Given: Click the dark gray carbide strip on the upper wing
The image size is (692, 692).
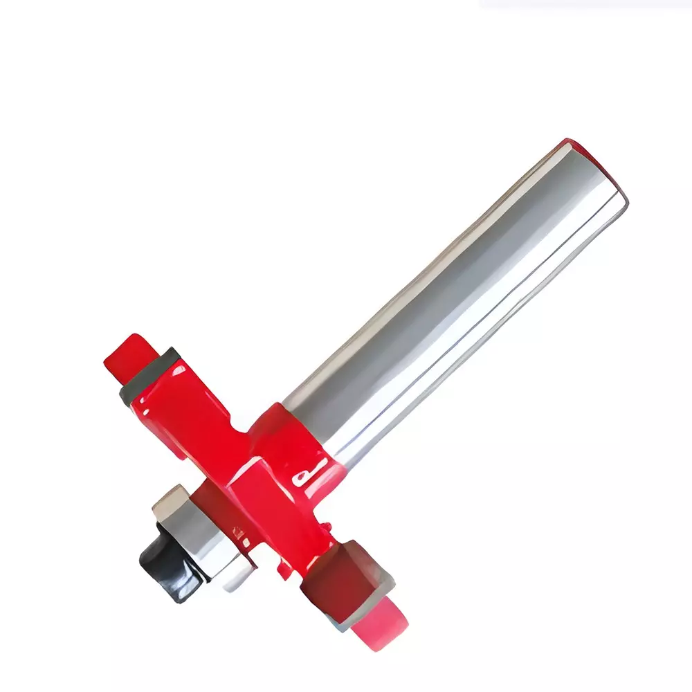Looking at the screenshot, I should (149, 377).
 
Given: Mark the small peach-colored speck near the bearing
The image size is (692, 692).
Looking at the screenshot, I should (239, 533).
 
